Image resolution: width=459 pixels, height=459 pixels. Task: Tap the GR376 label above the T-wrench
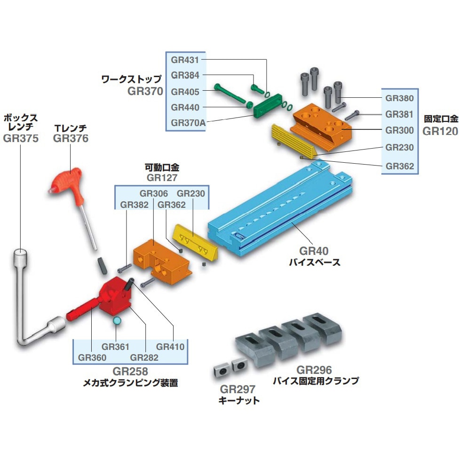pos(71,138)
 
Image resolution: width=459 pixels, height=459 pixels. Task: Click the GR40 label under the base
pos(314,251)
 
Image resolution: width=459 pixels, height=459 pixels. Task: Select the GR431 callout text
pos(185,60)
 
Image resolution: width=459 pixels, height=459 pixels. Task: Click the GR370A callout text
pos(188,123)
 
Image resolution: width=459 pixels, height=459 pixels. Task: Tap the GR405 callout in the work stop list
pos(185,91)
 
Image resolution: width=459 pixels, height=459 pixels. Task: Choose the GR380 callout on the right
pos(400,98)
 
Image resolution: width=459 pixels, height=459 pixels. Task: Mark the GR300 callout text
pos(400,130)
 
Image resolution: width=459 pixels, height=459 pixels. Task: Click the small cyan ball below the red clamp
pos(117,321)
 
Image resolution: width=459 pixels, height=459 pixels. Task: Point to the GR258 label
pos(130,372)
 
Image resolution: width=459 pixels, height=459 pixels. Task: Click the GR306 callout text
pos(153,193)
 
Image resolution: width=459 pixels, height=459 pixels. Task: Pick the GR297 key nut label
pos(237,389)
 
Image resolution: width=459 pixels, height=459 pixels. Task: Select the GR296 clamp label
pos(314,370)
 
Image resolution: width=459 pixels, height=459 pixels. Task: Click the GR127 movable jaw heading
pos(161,178)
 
